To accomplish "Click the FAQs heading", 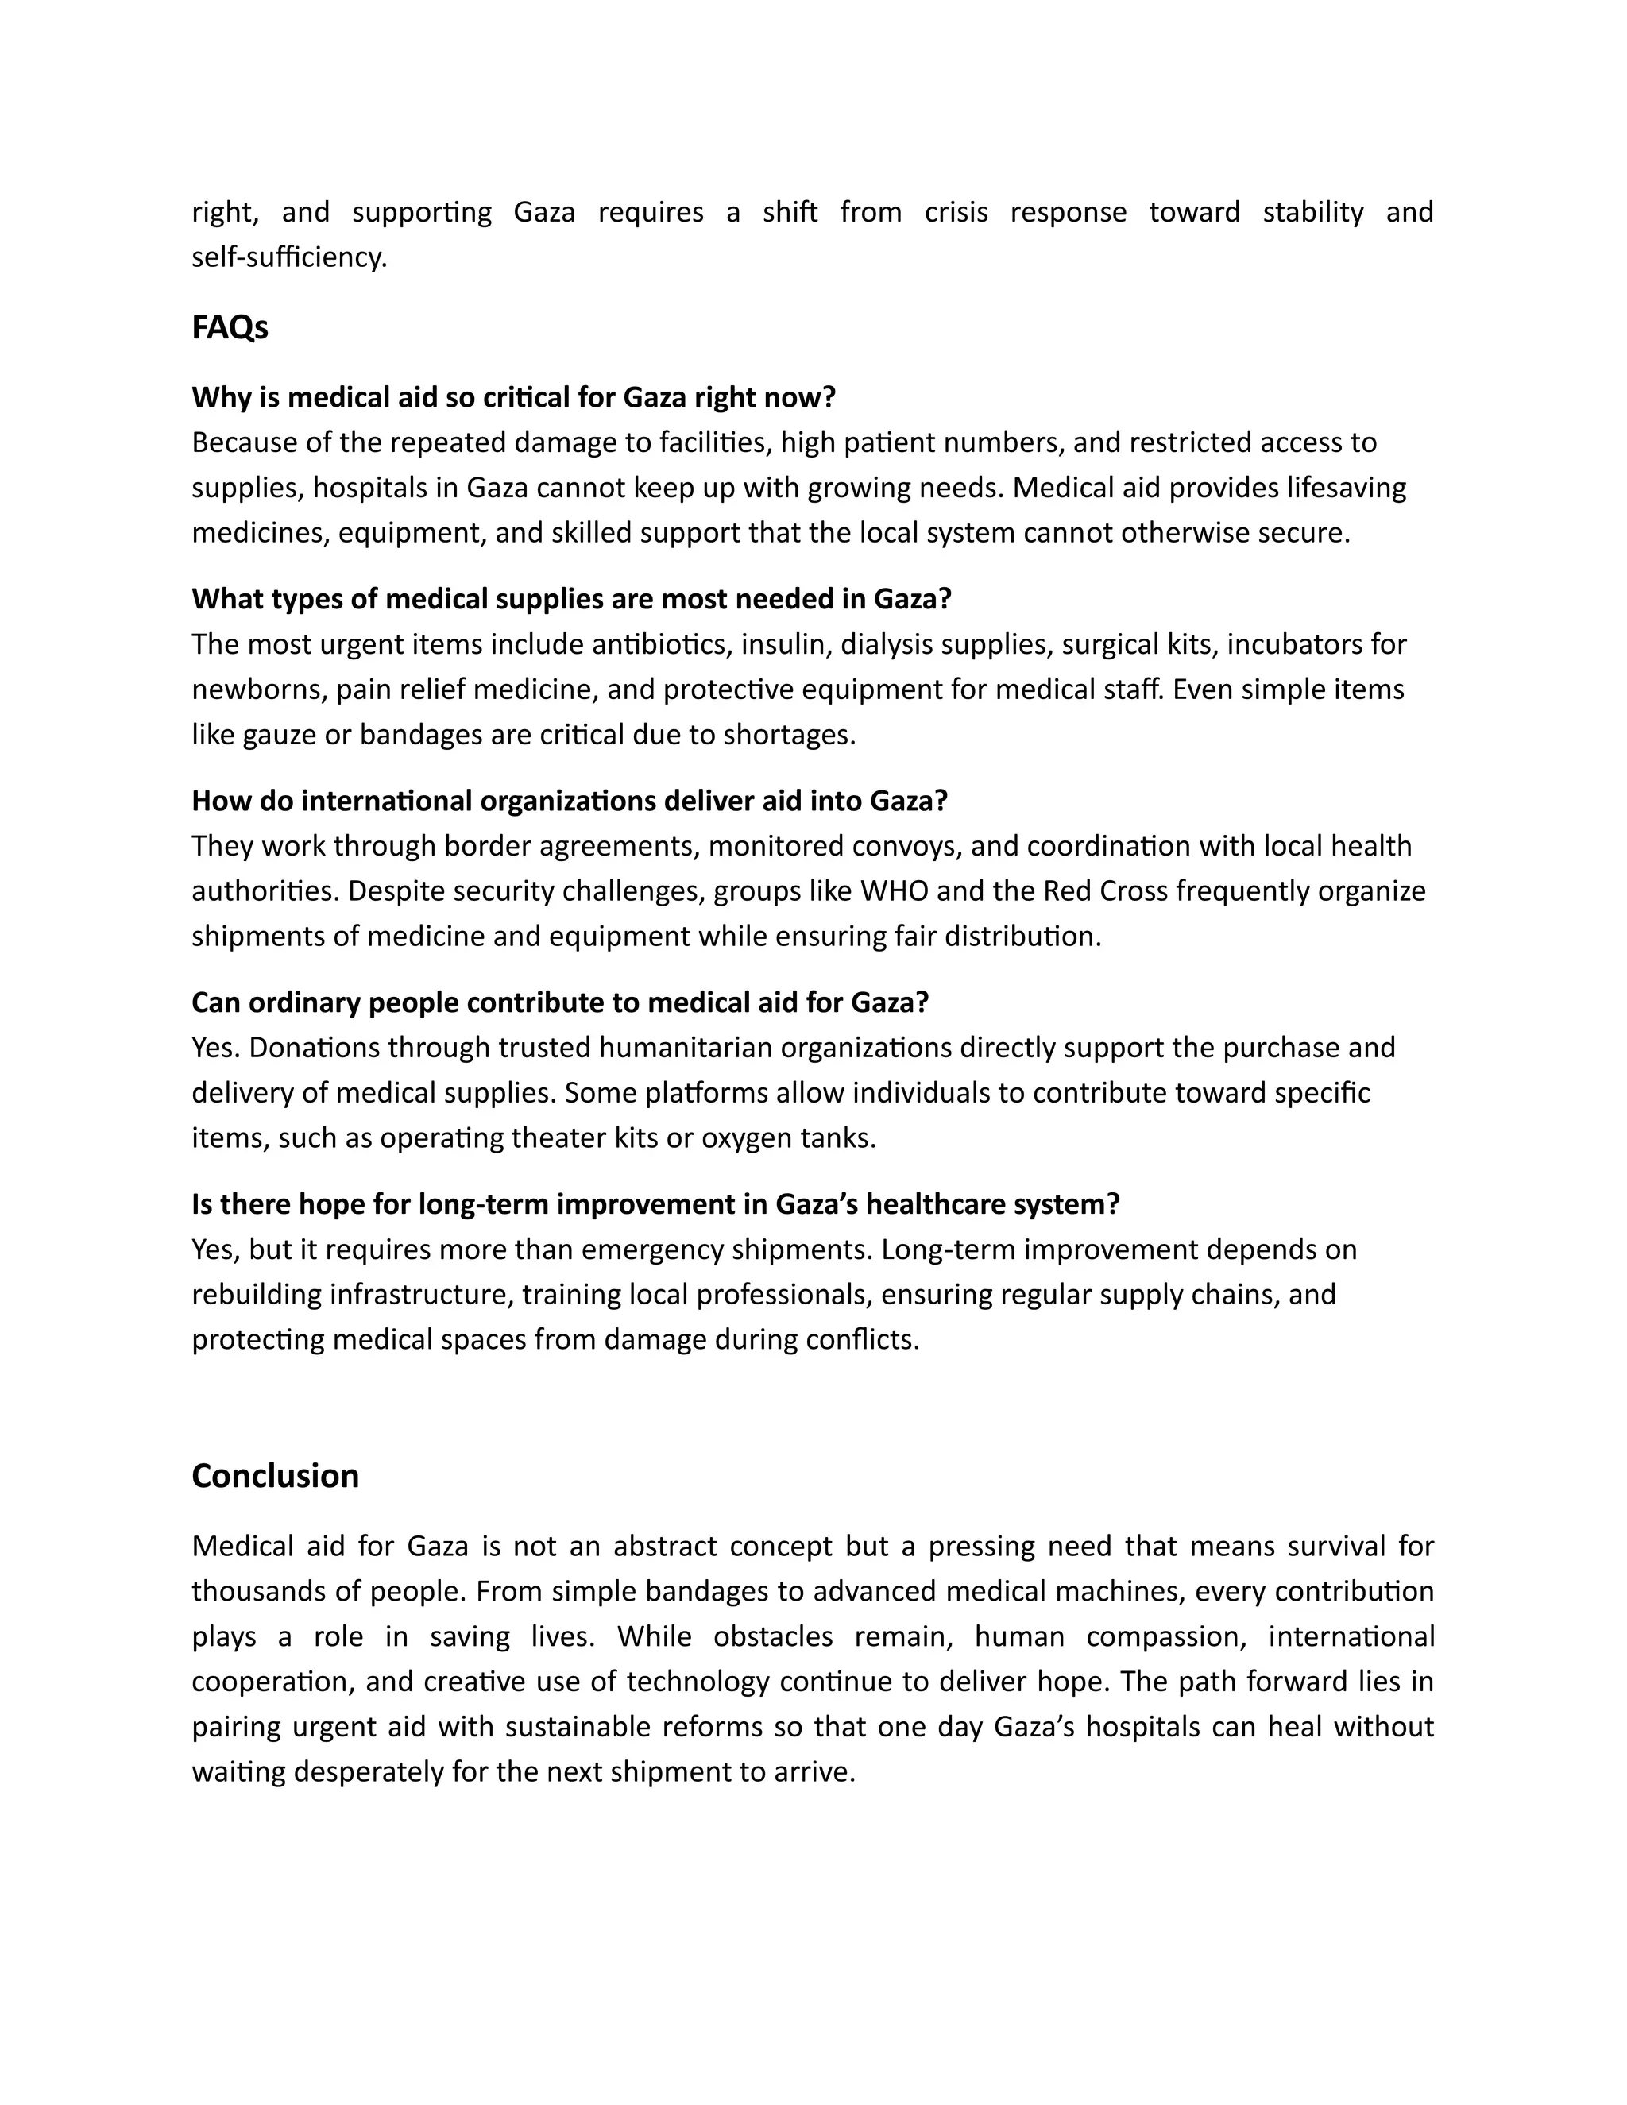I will pos(230,328).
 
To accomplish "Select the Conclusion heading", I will pos(275,1476).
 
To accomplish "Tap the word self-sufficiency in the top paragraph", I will pos(288,257).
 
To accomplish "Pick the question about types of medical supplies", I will pos(570,599).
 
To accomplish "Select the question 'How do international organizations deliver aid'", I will pos(569,800).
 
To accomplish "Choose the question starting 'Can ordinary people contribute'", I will pos(559,1002).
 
